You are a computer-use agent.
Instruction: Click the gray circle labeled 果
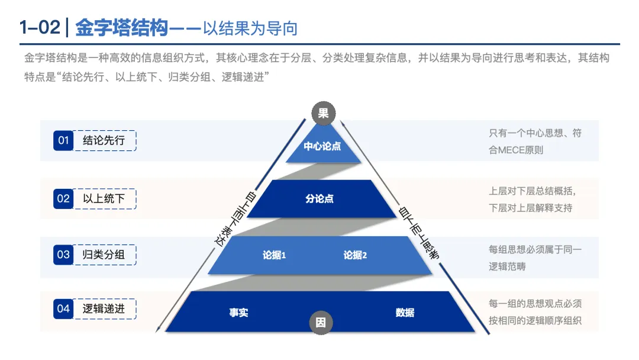[323, 114]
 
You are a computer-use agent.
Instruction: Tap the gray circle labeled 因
[321, 323]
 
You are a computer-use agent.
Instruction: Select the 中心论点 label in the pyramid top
[322, 146]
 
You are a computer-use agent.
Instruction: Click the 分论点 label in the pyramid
[319, 199]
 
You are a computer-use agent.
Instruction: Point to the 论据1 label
[275, 255]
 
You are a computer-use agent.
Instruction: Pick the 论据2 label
[355, 255]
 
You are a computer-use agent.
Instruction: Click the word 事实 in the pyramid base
[239, 313]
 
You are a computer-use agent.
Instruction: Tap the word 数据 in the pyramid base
[405, 313]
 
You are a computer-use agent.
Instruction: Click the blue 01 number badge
[63, 141]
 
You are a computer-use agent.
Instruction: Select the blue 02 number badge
[63, 198]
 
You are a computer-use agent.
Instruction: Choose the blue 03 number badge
[63, 255]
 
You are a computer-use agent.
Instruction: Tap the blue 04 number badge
[63, 308]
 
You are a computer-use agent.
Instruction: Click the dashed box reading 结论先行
[104, 141]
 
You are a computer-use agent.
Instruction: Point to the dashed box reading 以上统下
[104, 198]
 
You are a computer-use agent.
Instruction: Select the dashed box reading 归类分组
[104, 255]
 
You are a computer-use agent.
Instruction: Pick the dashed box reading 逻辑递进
[104, 308]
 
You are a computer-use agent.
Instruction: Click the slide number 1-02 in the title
[39, 28]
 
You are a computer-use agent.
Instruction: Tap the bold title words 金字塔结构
[122, 28]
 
